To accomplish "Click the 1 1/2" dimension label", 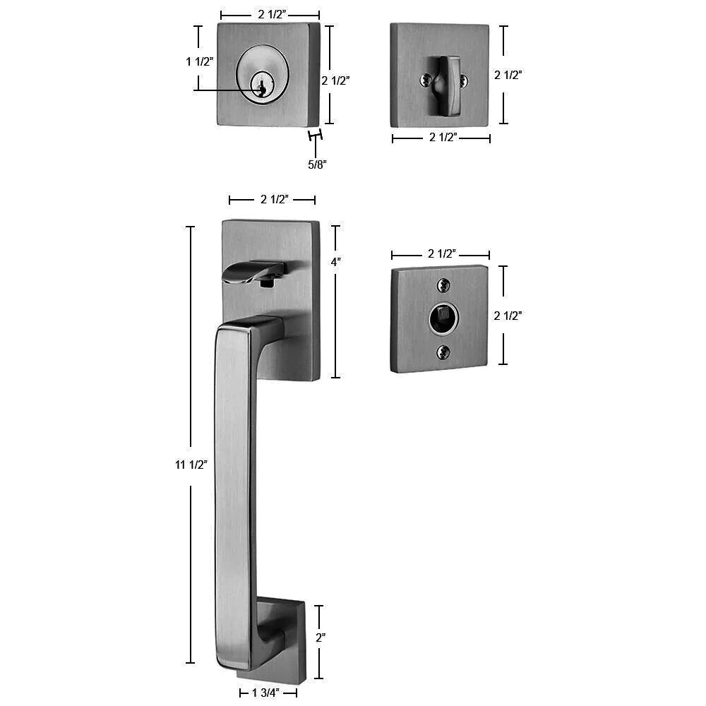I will coord(199,61).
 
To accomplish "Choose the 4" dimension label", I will coord(336,262).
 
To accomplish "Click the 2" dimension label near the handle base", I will coord(321,637).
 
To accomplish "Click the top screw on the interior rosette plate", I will coord(443,285).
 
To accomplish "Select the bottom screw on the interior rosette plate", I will coord(443,351).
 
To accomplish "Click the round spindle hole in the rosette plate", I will coord(443,318).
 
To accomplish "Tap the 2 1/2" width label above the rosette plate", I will coord(442,253).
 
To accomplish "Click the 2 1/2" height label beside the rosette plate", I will coord(508,316).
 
